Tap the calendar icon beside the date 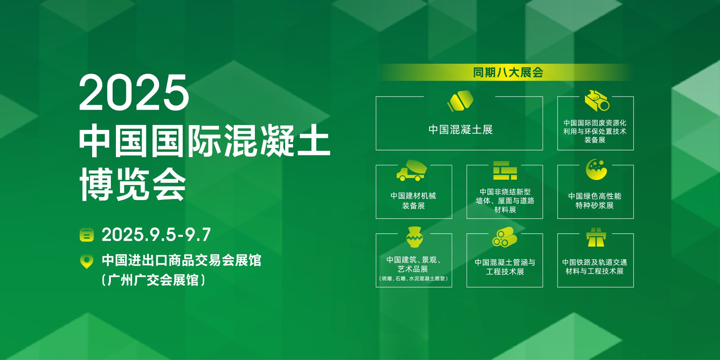point(86,235)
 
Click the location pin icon point(86,261)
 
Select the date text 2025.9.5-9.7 point(156,235)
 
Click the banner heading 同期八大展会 point(508,72)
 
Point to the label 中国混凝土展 point(460,130)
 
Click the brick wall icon point(505,170)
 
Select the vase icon point(414,237)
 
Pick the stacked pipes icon point(504,237)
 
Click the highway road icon point(596,237)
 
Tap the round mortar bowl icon point(596,169)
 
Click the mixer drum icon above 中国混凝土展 point(460,101)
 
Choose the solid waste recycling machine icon point(597,100)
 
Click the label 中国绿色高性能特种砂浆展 point(595,201)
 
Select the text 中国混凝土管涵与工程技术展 point(505,267)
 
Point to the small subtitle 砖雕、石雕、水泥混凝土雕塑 point(414,278)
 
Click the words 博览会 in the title point(132,184)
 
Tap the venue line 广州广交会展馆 point(153,280)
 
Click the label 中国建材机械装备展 point(413,201)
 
